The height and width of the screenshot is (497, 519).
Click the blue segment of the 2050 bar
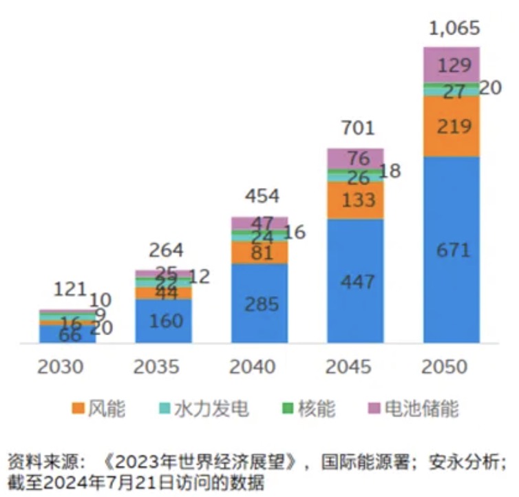click(x=452, y=249)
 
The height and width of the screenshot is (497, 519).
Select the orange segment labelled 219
click(x=452, y=127)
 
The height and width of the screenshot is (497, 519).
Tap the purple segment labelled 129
click(x=452, y=65)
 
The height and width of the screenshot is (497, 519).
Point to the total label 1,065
click(x=454, y=29)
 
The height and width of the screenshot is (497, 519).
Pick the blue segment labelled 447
click(x=355, y=281)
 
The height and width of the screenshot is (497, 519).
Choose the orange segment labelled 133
click(x=355, y=200)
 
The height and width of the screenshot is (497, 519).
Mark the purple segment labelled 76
click(x=355, y=158)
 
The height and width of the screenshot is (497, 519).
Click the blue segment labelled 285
click(x=259, y=303)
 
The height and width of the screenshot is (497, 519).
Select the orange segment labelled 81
click(x=259, y=253)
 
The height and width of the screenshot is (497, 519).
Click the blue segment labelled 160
click(x=164, y=321)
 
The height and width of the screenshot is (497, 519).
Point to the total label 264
click(x=166, y=250)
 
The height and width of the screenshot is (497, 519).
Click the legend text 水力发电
click(x=219, y=409)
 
